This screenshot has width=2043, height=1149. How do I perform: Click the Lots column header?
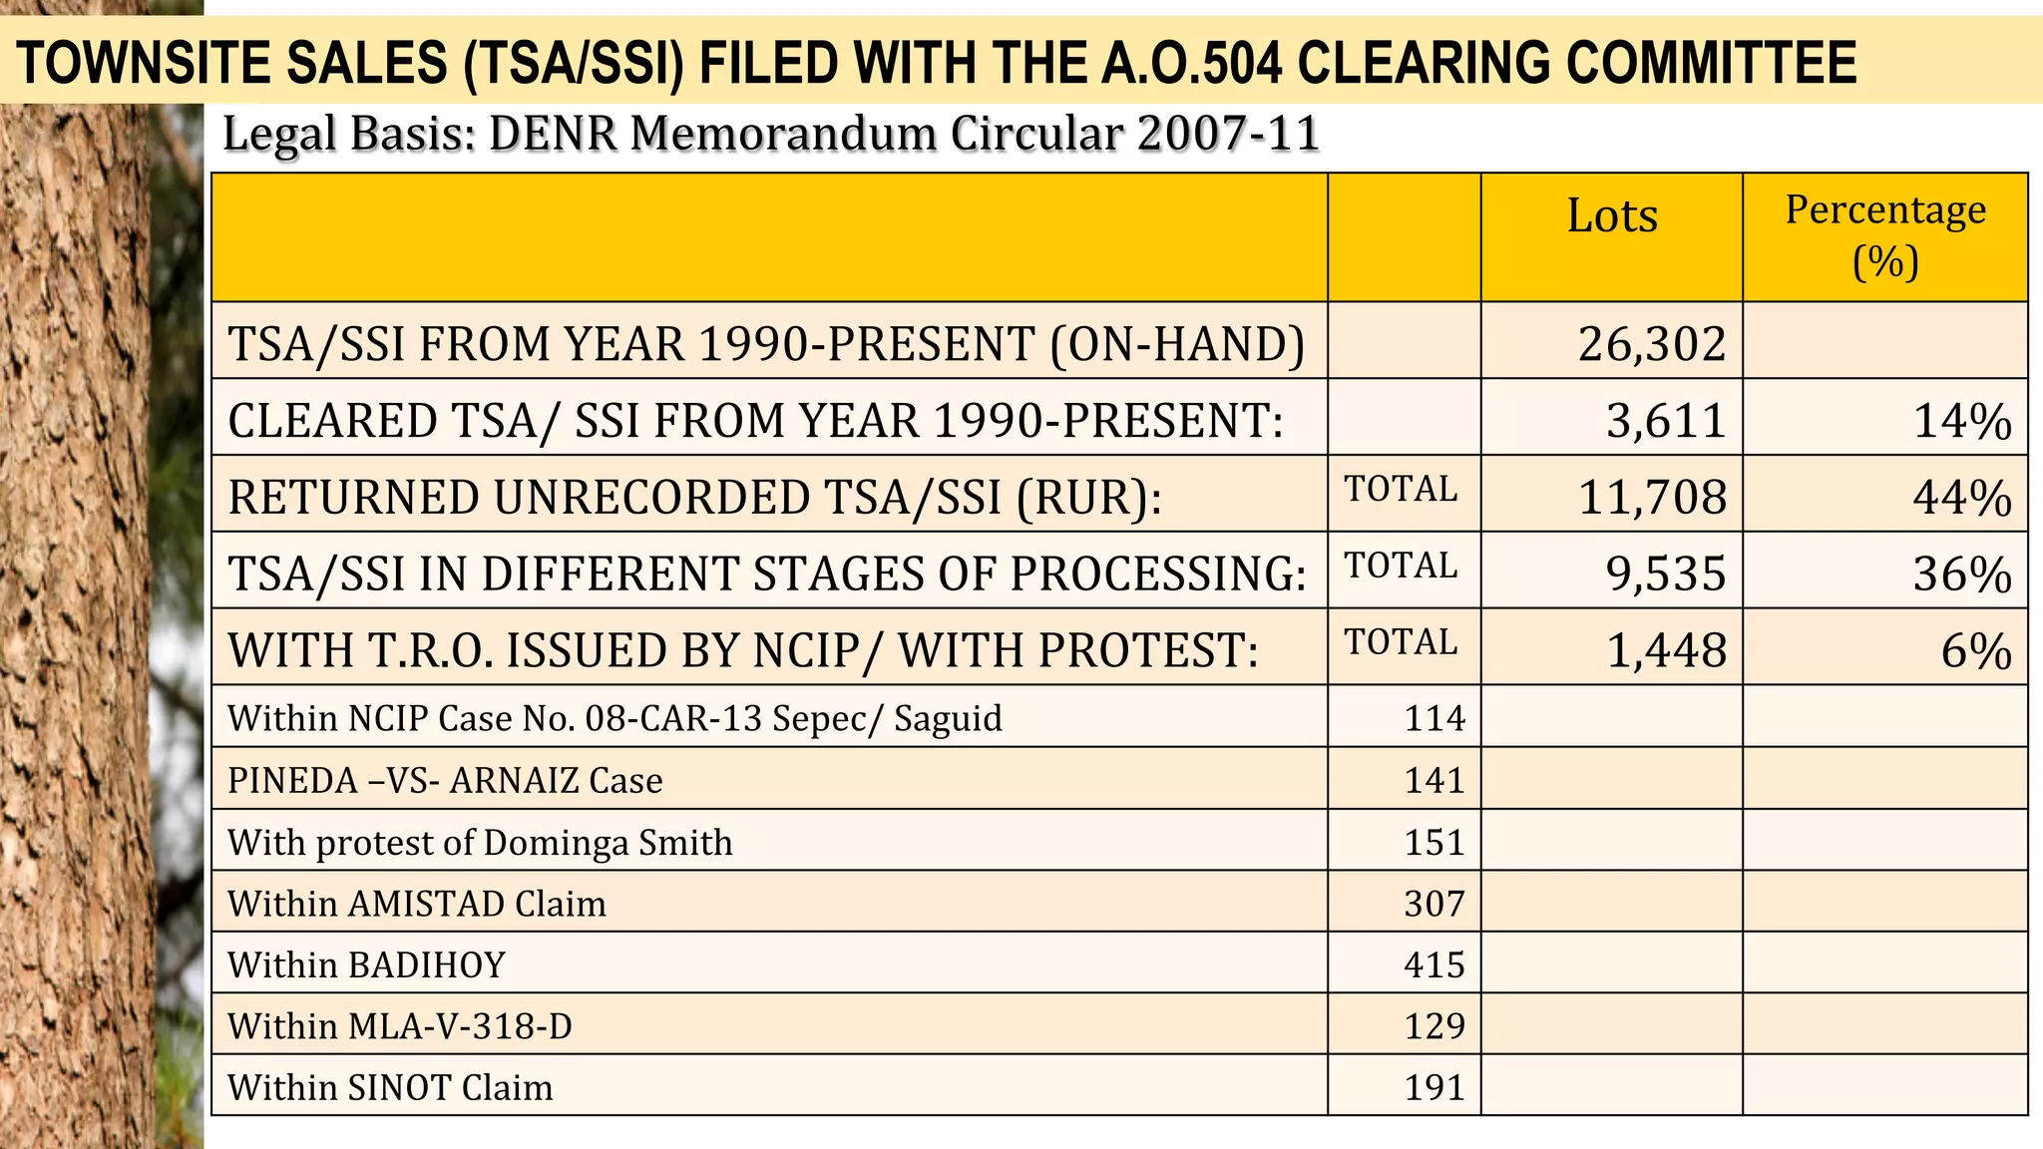[1612, 216]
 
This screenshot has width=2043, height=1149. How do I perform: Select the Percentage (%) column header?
[1884, 236]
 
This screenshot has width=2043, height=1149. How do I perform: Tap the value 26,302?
[1651, 344]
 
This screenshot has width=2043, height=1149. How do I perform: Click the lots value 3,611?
[1665, 421]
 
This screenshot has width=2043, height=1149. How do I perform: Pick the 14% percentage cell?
[1961, 421]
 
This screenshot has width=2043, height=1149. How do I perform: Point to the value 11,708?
[1652, 498]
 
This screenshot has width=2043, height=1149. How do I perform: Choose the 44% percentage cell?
[1961, 498]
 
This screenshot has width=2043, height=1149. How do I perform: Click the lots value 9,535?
[1665, 574]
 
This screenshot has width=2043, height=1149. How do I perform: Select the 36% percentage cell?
[1961, 574]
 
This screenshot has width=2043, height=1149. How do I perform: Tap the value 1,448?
[1666, 650]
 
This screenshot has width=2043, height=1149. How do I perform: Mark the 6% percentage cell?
[1975, 650]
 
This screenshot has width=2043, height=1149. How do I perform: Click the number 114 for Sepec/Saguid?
[1434, 718]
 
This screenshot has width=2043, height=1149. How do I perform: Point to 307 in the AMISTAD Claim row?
[1434, 904]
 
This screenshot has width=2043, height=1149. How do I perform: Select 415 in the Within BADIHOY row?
[1434, 964]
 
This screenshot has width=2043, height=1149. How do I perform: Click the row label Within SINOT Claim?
[390, 1087]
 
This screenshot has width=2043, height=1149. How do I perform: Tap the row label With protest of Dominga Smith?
[480, 843]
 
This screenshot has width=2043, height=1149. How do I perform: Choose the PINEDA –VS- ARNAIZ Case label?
[445, 780]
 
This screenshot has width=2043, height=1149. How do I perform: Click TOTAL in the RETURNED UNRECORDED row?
[1401, 489]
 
